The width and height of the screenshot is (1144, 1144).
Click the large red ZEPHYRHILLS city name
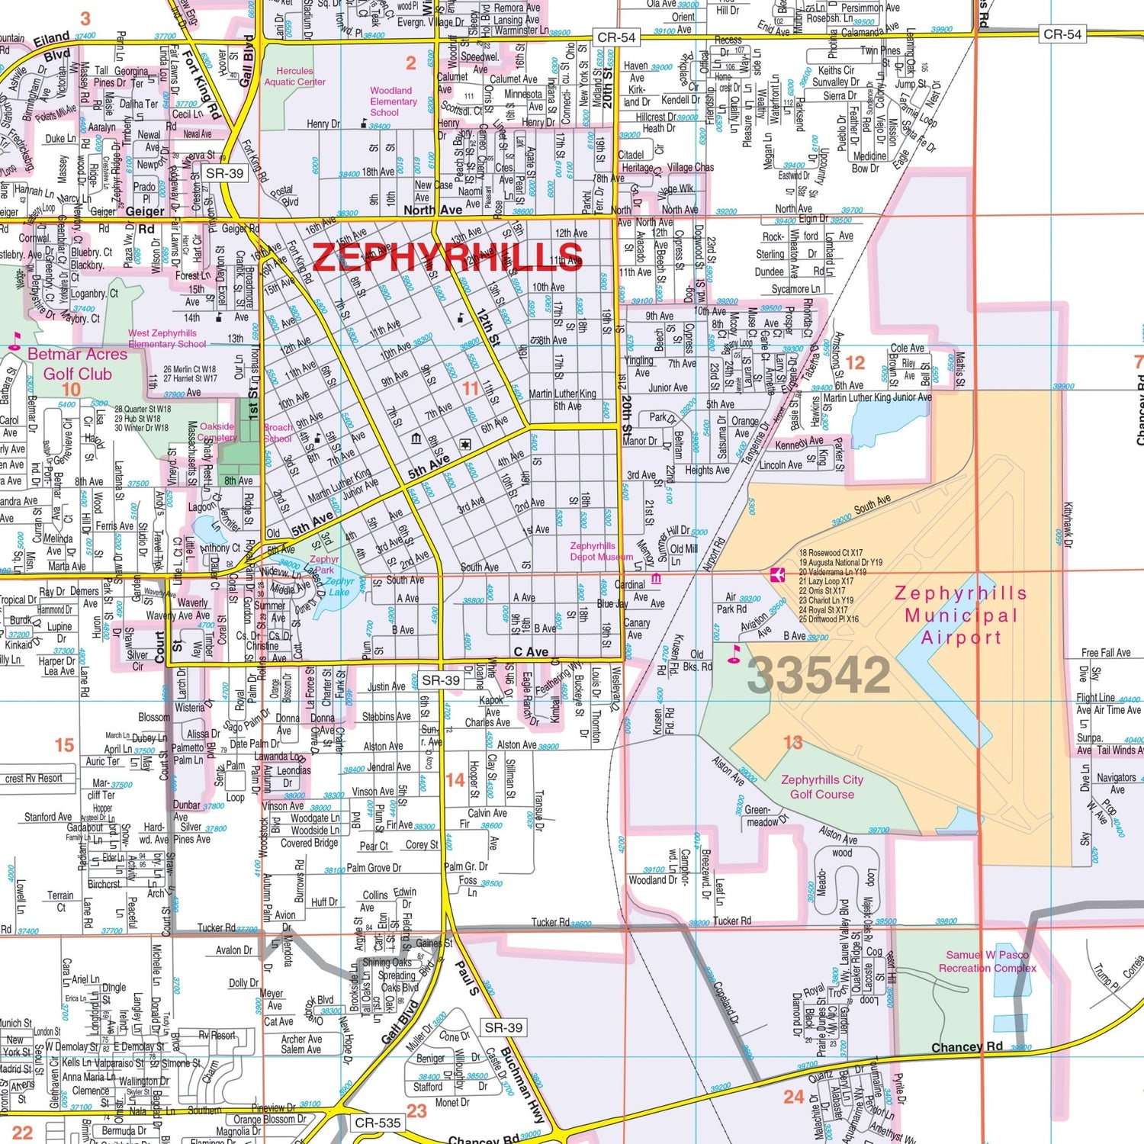point(448,257)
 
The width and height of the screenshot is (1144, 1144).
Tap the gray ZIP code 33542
point(818,675)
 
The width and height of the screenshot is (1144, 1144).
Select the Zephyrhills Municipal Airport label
point(960,615)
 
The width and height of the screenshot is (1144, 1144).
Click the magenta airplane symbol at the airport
point(777,574)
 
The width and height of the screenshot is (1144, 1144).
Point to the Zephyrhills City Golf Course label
point(821,786)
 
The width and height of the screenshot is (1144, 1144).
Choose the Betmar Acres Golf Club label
point(77,364)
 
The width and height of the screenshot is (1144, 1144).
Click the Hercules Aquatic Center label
point(294,76)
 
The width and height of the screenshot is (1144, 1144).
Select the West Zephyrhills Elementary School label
point(167,338)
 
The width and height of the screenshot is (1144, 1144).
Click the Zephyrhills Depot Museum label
point(601,551)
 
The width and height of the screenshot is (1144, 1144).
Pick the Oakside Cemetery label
point(217,432)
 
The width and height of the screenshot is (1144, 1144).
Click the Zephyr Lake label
point(339,586)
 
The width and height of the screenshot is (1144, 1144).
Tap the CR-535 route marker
point(378,1123)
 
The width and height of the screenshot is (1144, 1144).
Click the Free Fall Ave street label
point(1105,653)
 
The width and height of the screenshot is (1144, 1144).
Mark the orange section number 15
point(64,744)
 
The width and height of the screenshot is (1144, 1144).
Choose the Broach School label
point(278,432)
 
